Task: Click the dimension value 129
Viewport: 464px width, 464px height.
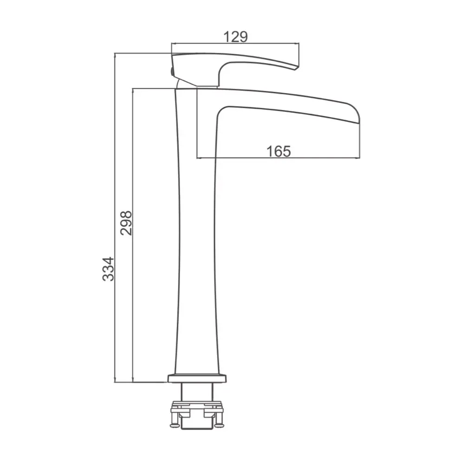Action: [x=235, y=37]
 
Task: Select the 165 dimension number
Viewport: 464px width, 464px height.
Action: [x=278, y=151]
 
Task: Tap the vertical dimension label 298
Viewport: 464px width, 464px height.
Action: [x=126, y=223]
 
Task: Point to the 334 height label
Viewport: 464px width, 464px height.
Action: [x=108, y=269]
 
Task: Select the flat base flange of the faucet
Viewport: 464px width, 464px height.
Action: [x=197, y=379]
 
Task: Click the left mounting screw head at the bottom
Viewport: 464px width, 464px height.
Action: [x=174, y=425]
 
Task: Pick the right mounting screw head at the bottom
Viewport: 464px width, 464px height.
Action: [x=219, y=425]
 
